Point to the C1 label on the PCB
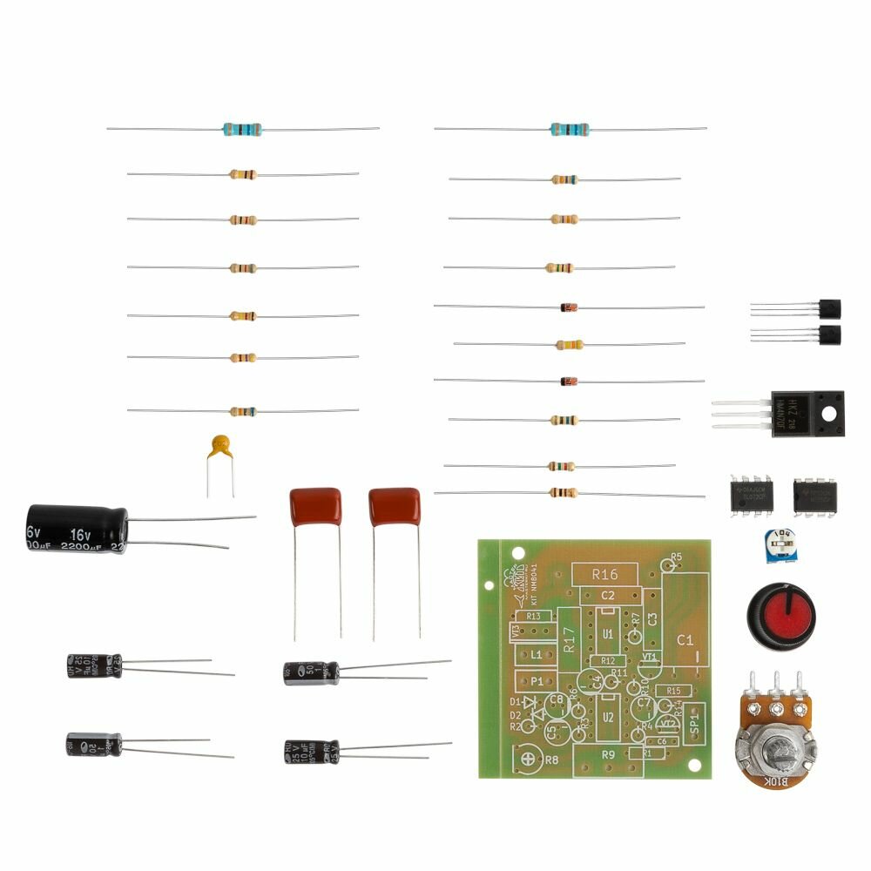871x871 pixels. coord(685,640)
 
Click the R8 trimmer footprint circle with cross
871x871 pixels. coord(528,759)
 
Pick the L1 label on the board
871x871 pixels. coord(537,654)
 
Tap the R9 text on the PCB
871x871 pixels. coord(608,754)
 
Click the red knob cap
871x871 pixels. coord(782,614)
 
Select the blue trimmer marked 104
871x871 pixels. coord(780,545)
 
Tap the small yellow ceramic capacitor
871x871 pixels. coord(220,447)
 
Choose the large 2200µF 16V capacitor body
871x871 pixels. coord(77,529)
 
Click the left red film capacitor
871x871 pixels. coord(315,506)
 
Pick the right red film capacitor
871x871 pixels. coord(395,506)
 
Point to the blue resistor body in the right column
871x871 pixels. coord(570,130)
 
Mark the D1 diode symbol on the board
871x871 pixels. coord(528,702)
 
